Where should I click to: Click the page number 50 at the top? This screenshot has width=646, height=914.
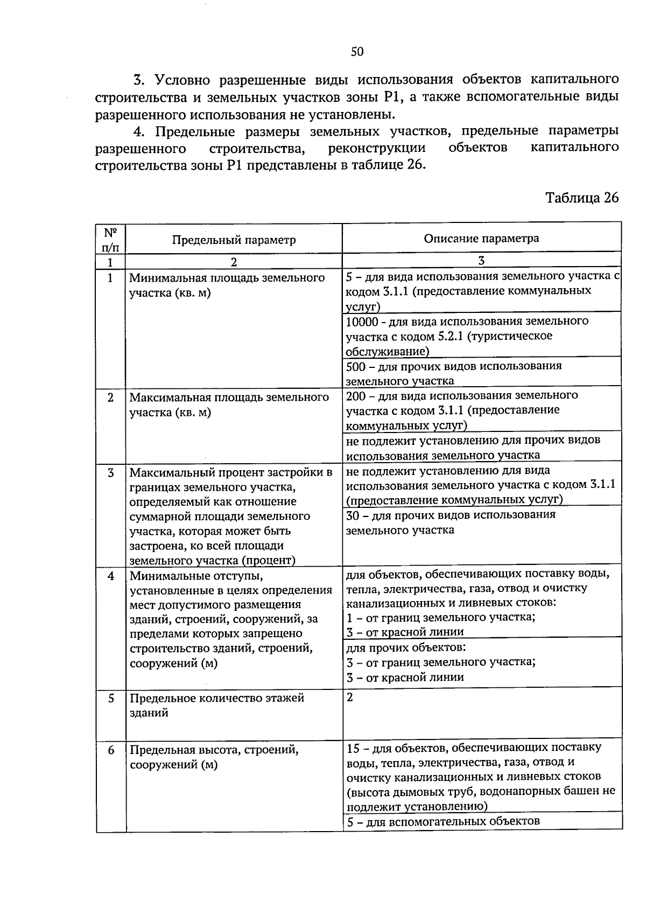(357, 52)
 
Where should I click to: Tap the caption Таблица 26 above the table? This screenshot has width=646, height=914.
(582, 198)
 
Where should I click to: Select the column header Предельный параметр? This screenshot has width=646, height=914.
(234, 240)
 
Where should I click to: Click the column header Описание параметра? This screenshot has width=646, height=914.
(481, 238)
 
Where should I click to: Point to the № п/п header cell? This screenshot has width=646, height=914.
(110, 240)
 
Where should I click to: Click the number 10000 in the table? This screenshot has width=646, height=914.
(362, 322)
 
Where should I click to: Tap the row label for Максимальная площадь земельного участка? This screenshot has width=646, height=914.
(229, 404)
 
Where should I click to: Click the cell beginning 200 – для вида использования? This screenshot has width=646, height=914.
(461, 410)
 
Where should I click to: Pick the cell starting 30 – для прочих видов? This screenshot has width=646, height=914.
(450, 522)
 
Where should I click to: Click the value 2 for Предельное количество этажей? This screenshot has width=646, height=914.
(350, 697)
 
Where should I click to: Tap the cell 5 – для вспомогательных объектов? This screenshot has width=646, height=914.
(443, 821)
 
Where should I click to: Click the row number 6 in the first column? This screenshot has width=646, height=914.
(111, 749)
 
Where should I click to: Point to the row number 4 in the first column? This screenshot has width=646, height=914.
(111, 576)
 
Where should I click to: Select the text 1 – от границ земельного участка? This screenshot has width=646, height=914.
(441, 617)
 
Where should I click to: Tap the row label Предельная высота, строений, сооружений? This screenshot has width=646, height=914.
(214, 757)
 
